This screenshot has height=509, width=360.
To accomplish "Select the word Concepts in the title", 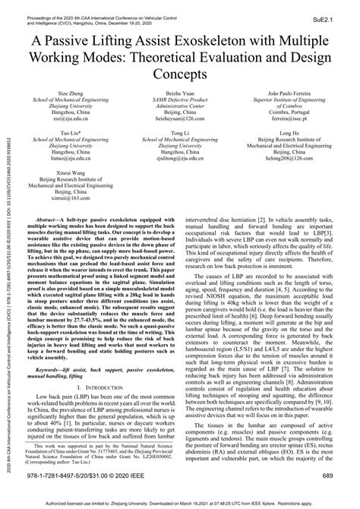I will [179, 75].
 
